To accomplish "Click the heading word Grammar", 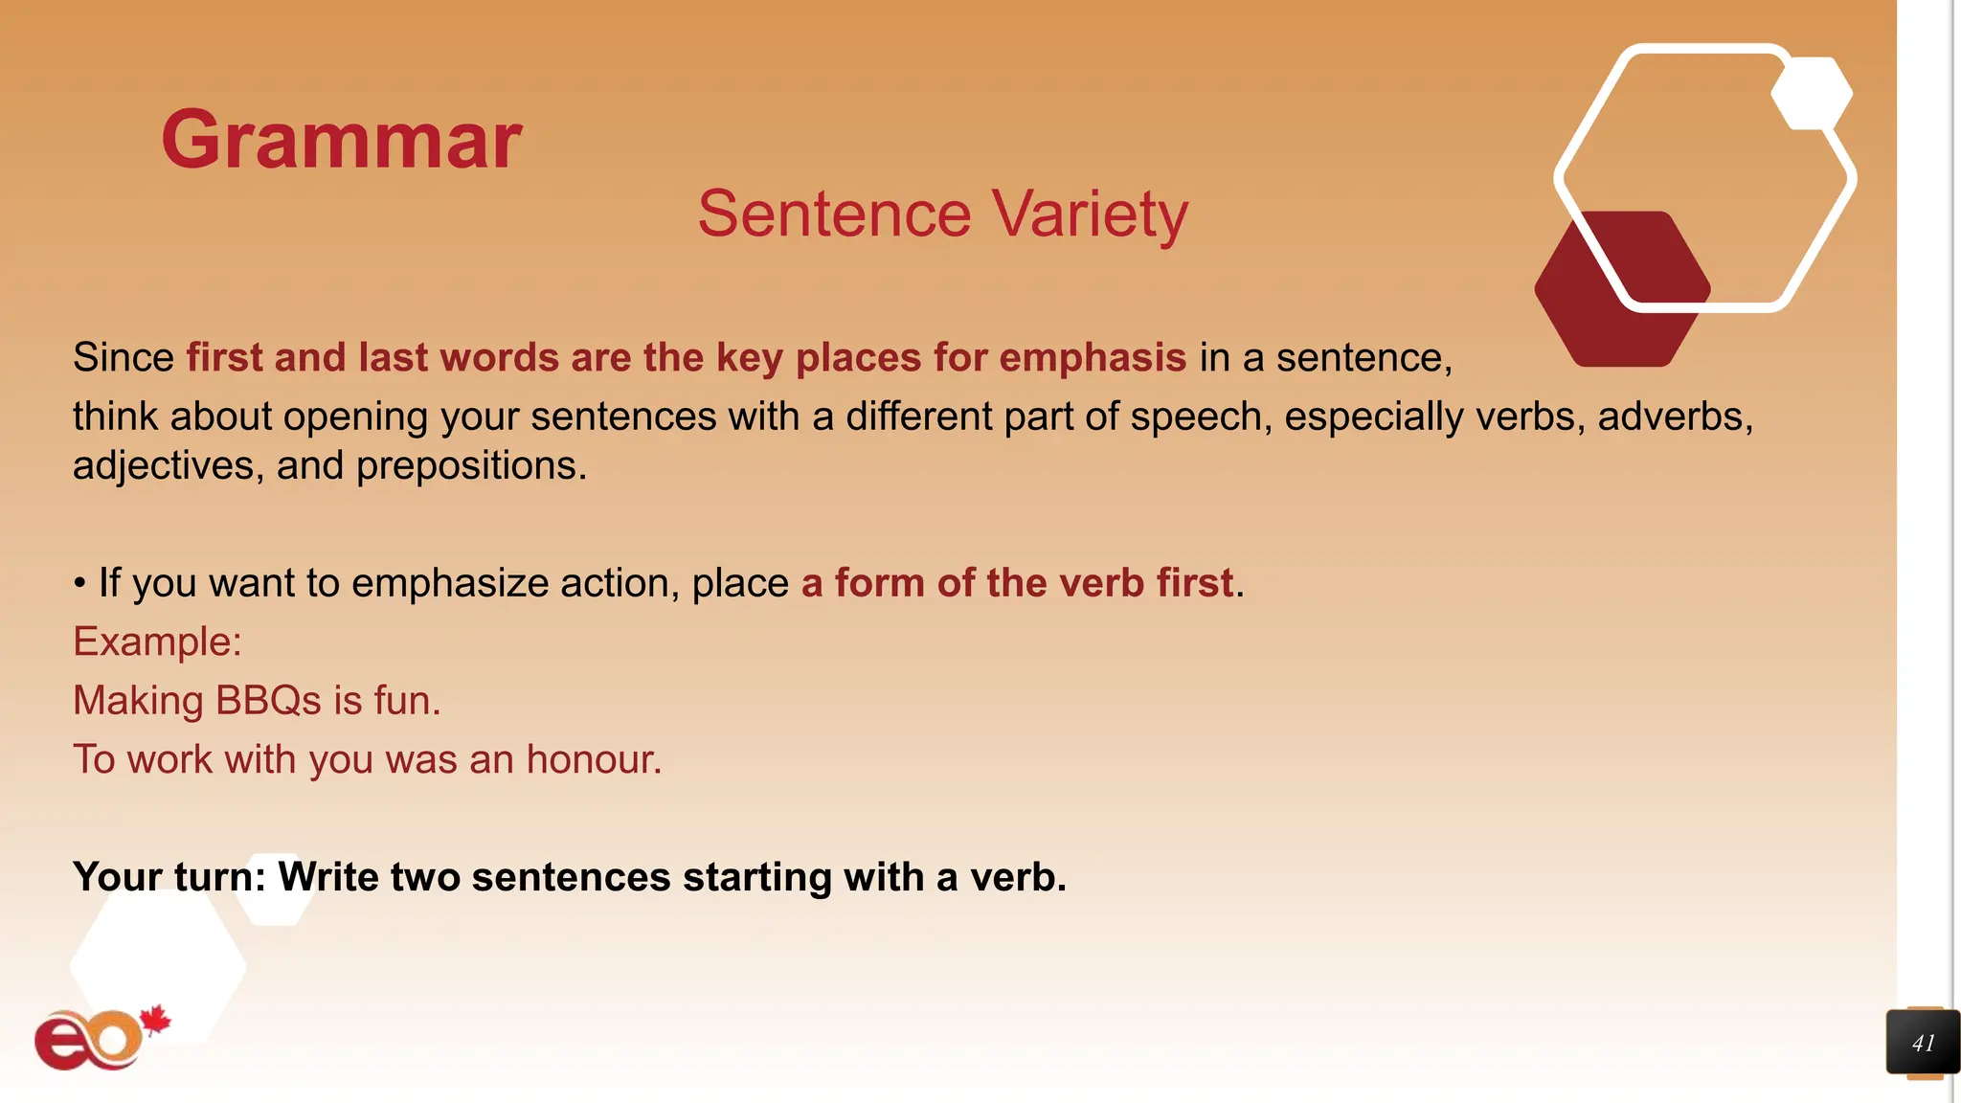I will click(341, 141).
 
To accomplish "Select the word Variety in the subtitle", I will click(1089, 214).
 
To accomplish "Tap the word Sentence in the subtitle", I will click(834, 214).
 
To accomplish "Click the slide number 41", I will click(1923, 1043).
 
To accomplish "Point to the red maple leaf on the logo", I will click(155, 1021).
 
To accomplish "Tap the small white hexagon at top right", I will click(1811, 94).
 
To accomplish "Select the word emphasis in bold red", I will click(1093, 358).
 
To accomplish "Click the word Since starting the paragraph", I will click(123, 358).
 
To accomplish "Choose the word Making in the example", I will click(138, 702).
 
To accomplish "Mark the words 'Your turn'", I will click(169, 877).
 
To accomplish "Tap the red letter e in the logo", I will click(64, 1042).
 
